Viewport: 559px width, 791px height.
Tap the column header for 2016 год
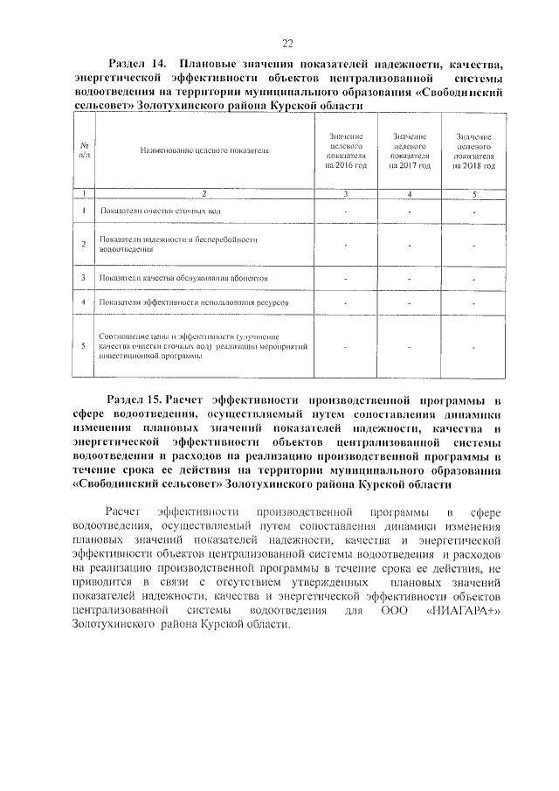coord(345,151)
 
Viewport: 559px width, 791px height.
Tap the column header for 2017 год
coord(409,151)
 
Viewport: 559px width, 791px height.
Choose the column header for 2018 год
coord(474,151)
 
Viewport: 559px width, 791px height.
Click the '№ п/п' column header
coord(83,149)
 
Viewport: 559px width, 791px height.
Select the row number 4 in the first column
coord(83,302)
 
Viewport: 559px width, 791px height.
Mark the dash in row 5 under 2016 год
coord(345,347)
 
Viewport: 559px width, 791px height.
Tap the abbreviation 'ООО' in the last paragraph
coord(396,610)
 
